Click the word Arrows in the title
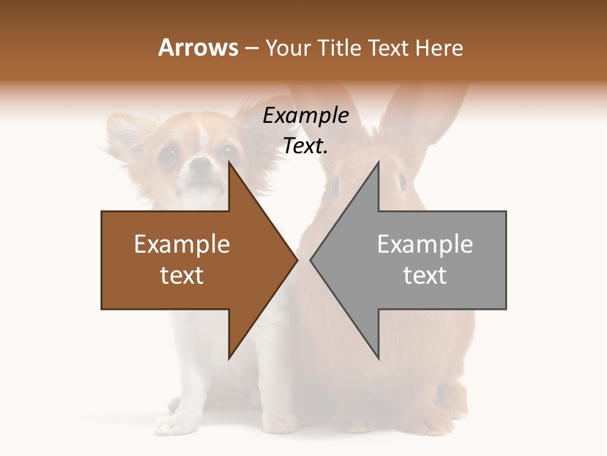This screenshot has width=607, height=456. pos(198,47)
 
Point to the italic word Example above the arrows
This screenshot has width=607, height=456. pos(305,116)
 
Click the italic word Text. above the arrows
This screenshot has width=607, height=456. pos(305,146)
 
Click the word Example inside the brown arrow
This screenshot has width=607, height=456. pos(182,244)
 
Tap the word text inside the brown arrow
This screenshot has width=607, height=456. pos(182,275)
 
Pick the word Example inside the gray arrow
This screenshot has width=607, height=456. pos(425,244)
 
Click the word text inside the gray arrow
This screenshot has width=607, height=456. pos(425,275)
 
